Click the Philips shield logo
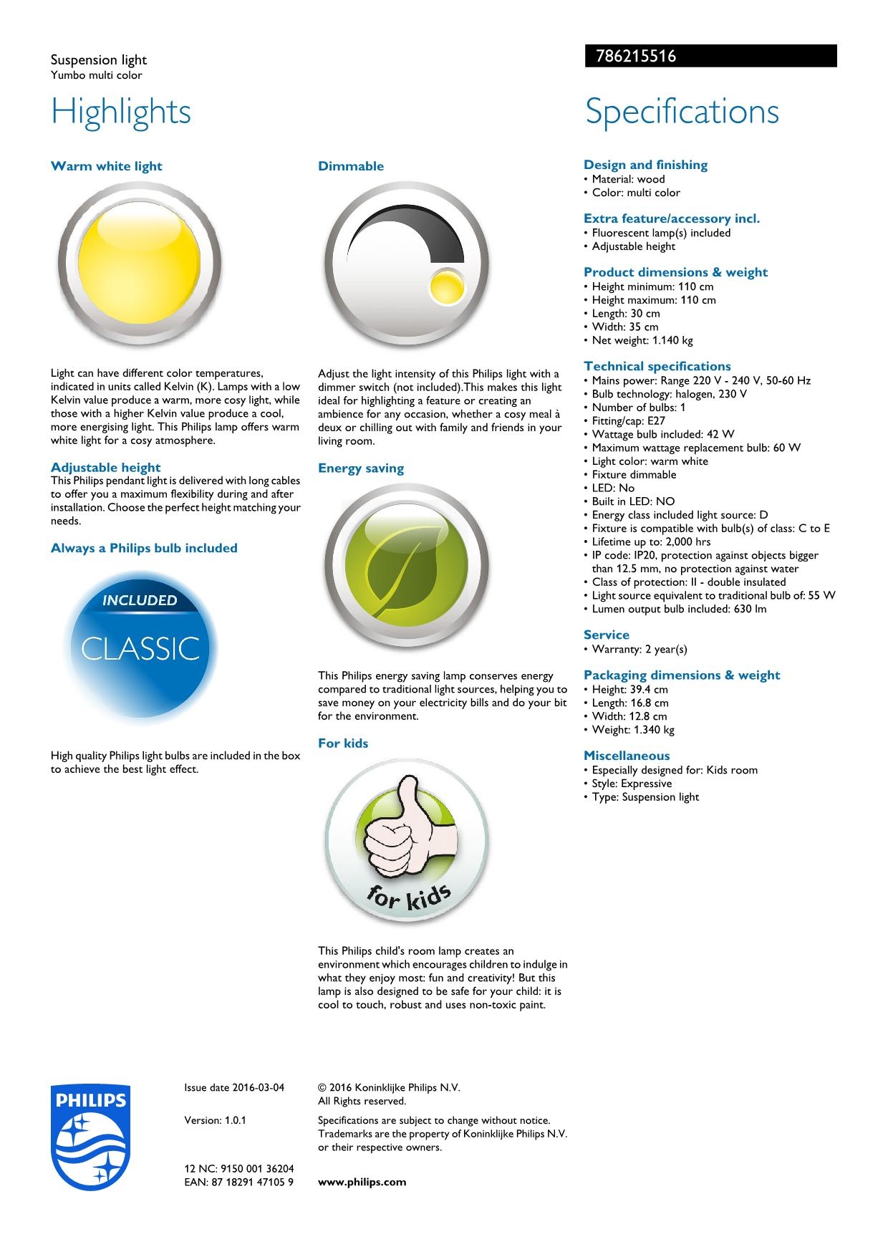pyautogui.click(x=90, y=1137)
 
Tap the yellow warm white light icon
pyautogui.click(x=139, y=264)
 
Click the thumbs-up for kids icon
pyautogui.click(x=407, y=842)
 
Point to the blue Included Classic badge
pyautogui.click(x=140, y=647)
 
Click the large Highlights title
pyautogui.click(x=121, y=112)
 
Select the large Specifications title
pyautogui.click(x=682, y=112)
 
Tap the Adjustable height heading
pyautogui.click(x=106, y=468)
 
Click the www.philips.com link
pyautogui.click(x=362, y=1182)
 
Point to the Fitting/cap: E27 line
pyautogui.click(x=628, y=420)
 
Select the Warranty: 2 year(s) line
pyautogui.click(x=639, y=649)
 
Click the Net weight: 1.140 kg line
pyautogui.click(x=642, y=340)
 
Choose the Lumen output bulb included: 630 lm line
pyautogui.click(x=678, y=609)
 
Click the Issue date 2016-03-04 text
pyautogui.click(x=234, y=1087)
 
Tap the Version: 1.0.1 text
pyautogui.click(x=215, y=1120)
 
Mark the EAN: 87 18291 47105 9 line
pyautogui.click(x=238, y=1182)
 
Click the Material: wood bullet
pyautogui.click(x=628, y=179)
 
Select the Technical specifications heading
pyautogui.click(x=657, y=366)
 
